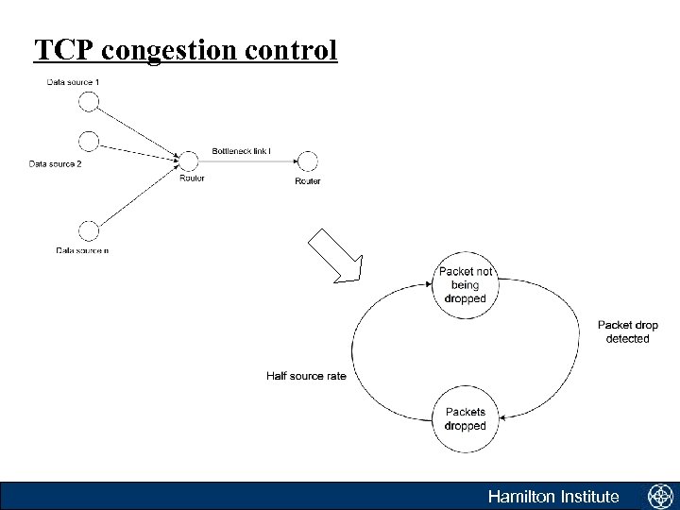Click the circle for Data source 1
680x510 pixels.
coord(88,101)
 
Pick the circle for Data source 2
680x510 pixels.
coord(88,141)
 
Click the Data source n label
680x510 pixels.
coord(81,250)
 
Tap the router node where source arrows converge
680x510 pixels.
coord(190,161)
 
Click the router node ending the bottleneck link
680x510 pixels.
coord(307,161)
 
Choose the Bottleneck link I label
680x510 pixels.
coord(242,151)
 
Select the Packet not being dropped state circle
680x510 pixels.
coord(465,284)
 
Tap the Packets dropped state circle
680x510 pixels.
coord(465,419)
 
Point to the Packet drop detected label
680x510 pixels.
coord(628,331)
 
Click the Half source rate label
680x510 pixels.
coord(306,376)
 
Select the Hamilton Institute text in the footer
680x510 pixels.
coord(552,497)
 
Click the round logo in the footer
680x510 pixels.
coord(659,496)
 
